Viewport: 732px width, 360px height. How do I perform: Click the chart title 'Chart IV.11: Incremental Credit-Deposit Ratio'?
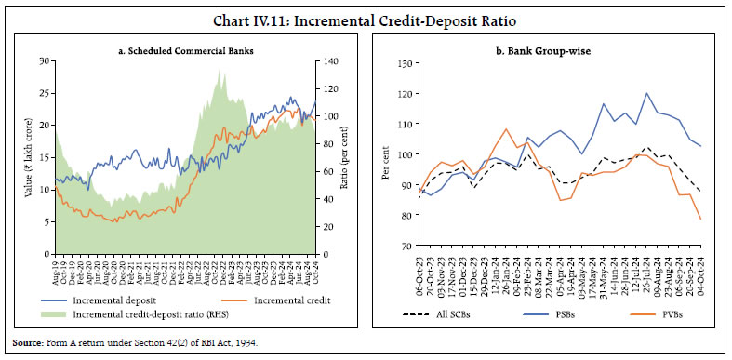point(366,13)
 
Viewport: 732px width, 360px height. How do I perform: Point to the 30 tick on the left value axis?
point(45,61)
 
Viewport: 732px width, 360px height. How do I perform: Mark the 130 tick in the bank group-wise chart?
point(404,63)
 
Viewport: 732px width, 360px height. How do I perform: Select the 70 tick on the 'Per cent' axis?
point(406,247)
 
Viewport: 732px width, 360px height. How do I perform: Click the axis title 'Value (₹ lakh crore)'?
point(28,157)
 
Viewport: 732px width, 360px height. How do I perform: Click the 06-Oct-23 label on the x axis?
point(420,267)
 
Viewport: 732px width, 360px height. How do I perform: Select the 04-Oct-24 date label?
point(699,267)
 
